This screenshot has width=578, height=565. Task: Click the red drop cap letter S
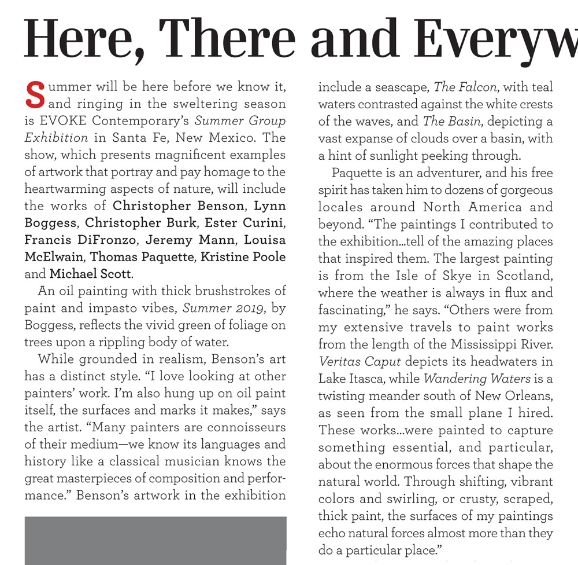pos(35,96)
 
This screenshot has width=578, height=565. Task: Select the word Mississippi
pos(465,344)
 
